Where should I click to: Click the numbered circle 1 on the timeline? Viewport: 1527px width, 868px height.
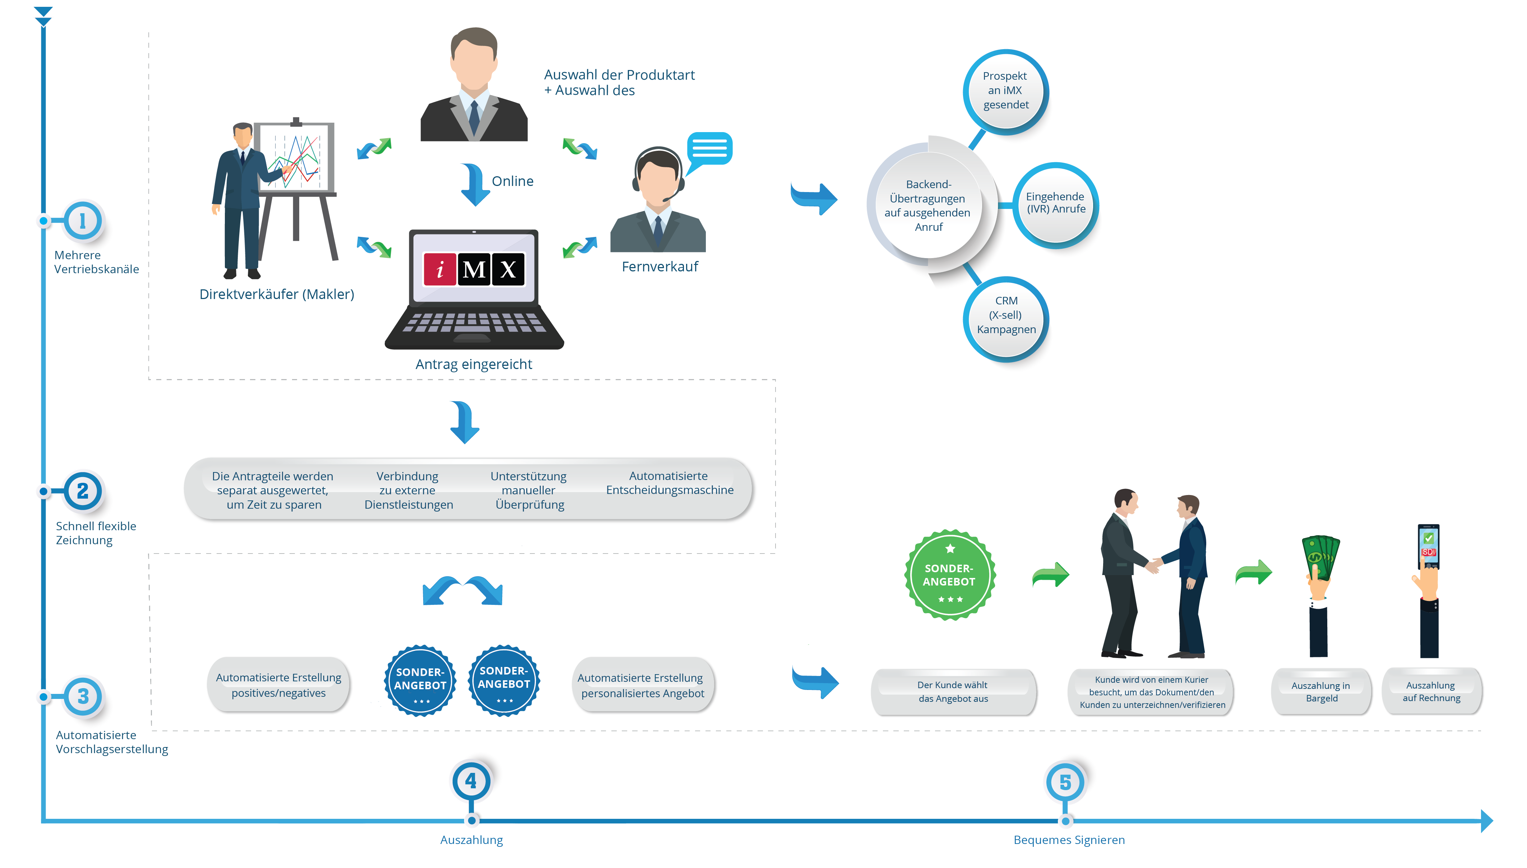click(x=83, y=220)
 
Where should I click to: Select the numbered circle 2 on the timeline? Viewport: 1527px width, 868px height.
click(x=83, y=491)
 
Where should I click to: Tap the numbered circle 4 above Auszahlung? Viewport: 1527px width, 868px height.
click(x=471, y=781)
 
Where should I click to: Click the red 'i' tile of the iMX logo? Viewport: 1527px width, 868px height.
click(x=440, y=270)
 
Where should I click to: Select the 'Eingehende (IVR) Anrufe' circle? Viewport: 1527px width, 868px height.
click(x=1056, y=203)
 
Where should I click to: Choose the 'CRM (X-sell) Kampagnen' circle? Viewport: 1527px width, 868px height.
click(x=1006, y=316)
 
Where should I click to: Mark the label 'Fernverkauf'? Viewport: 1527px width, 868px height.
click(x=660, y=266)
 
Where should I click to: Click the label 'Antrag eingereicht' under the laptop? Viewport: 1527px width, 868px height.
click(x=473, y=364)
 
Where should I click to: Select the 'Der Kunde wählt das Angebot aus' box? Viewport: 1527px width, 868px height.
click(x=953, y=691)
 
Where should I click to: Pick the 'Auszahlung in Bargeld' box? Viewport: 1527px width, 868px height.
click(x=1321, y=691)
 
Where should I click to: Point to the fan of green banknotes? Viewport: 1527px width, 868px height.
click(x=1320, y=557)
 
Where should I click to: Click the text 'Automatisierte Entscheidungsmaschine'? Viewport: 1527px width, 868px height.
click(x=669, y=483)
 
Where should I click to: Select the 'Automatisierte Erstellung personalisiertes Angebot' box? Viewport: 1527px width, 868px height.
click(x=642, y=686)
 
